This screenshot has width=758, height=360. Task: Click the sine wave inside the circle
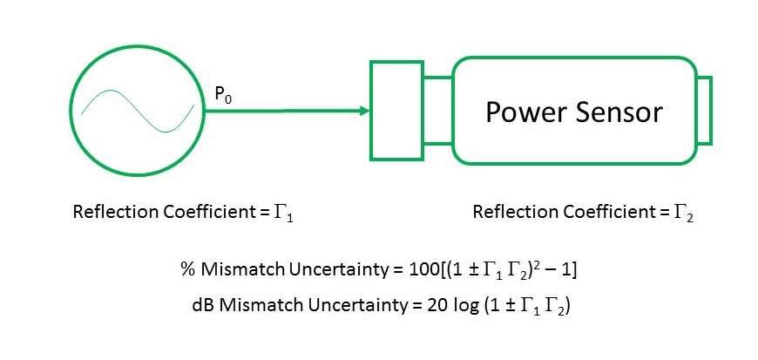[x=138, y=111]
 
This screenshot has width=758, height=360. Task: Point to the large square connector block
[x=396, y=110]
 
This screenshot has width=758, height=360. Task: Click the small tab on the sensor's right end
[x=705, y=110]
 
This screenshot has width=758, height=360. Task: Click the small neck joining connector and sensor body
[x=437, y=110]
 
